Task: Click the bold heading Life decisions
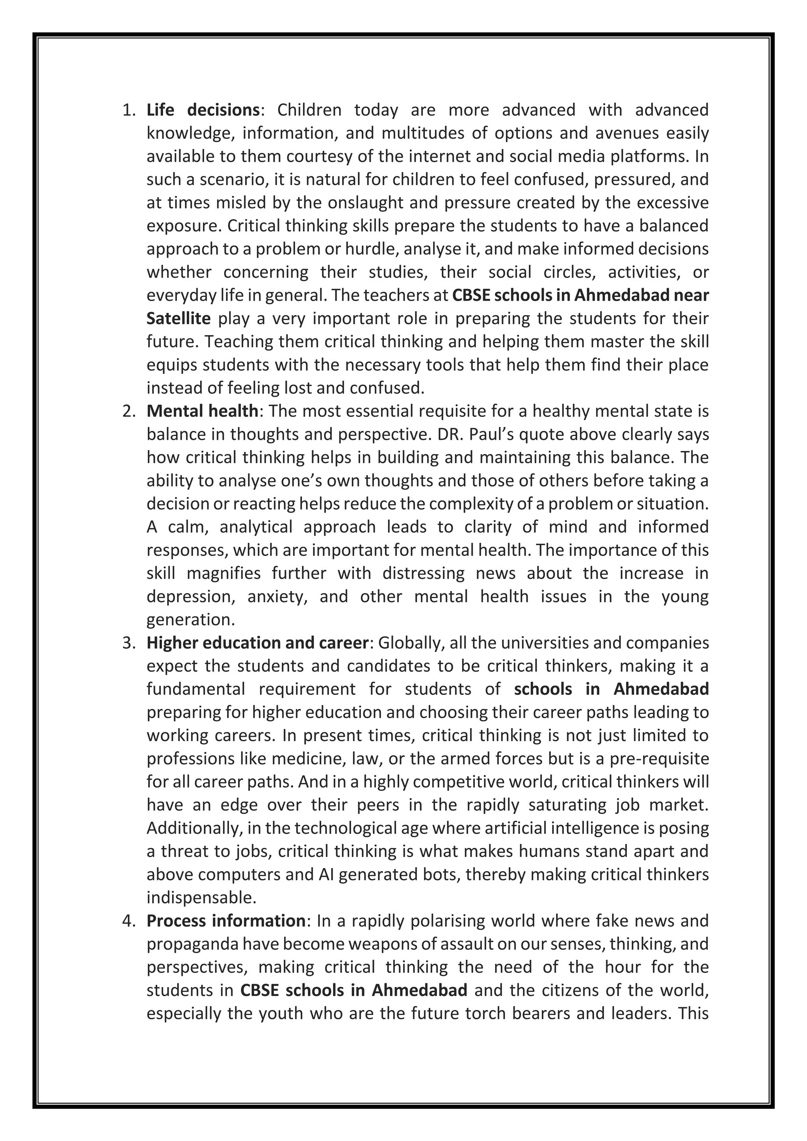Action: click(x=203, y=110)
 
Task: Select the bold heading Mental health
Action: click(x=202, y=411)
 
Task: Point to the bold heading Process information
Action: click(x=226, y=921)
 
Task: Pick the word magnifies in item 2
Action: click(x=223, y=573)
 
